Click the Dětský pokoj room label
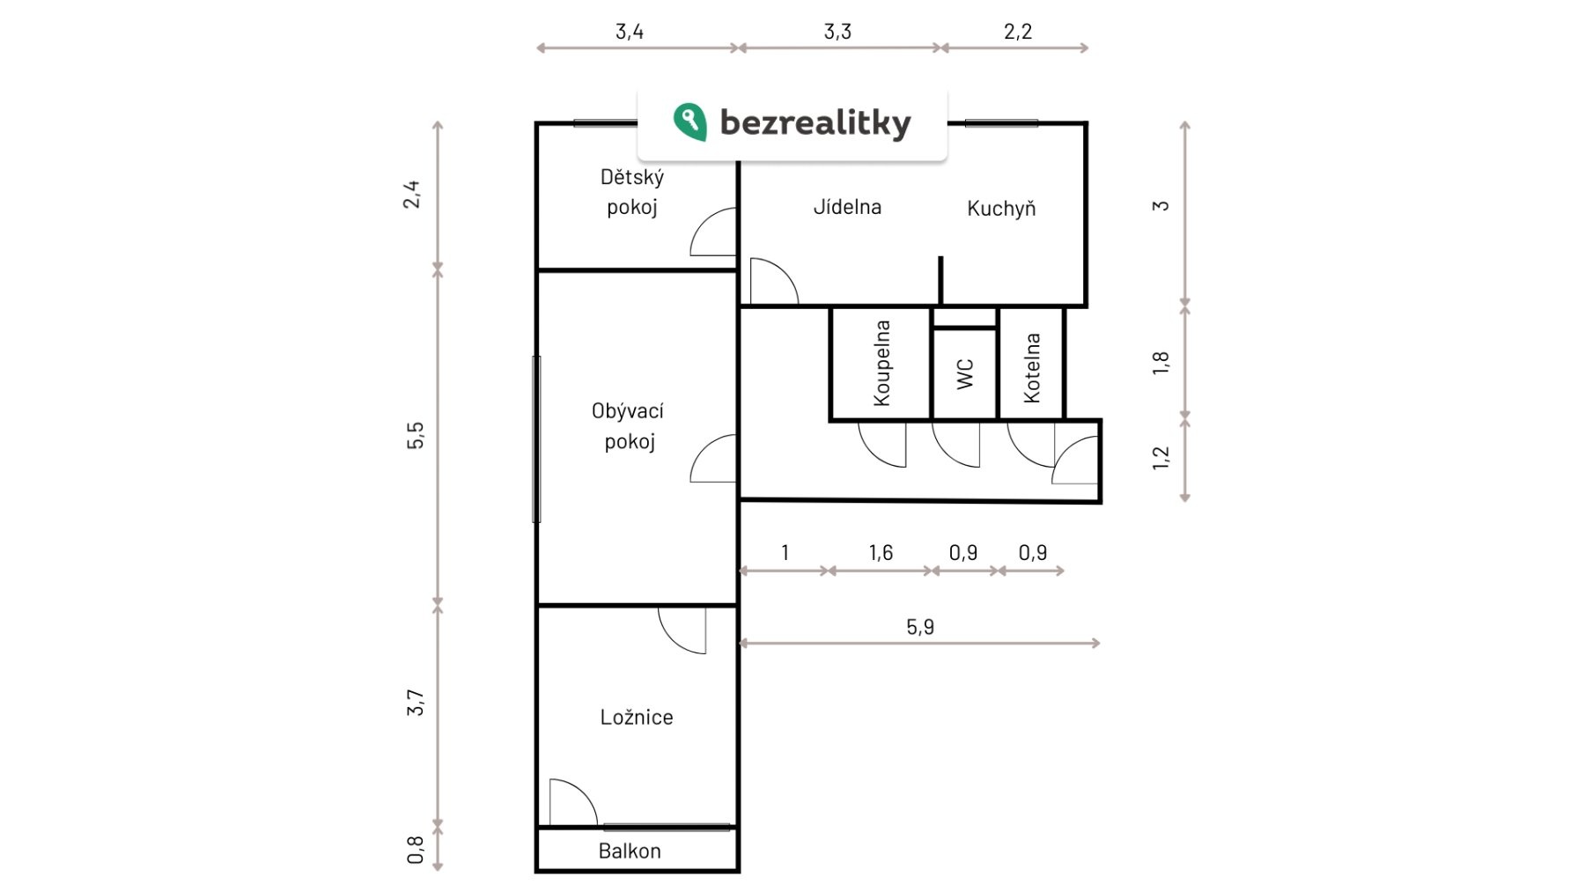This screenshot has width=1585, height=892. (632, 192)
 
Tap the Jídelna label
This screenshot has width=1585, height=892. (847, 207)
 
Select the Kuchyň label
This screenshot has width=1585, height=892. (1001, 209)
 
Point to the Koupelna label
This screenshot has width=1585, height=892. (881, 363)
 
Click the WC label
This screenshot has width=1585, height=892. (965, 373)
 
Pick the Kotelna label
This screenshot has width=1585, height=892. (1032, 368)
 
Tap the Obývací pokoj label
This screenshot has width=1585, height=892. (629, 426)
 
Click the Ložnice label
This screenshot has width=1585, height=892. (637, 718)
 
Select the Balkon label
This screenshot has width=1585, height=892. (630, 851)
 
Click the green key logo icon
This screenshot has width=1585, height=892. (689, 122)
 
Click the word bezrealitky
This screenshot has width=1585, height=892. (815, 123)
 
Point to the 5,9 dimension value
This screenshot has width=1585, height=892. (920, 627)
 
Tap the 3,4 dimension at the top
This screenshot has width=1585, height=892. (630, 32)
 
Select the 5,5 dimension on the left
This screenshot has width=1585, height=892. (415, 436)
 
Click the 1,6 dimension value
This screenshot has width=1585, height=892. (881, 553)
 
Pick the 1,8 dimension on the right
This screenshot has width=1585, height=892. (1161, 363)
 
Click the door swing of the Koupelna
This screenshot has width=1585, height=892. (881, 444)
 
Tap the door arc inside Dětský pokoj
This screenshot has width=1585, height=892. (713, 232)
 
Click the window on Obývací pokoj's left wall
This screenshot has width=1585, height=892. (536, 439)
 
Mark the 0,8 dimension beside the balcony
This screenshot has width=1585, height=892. (416, 850)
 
